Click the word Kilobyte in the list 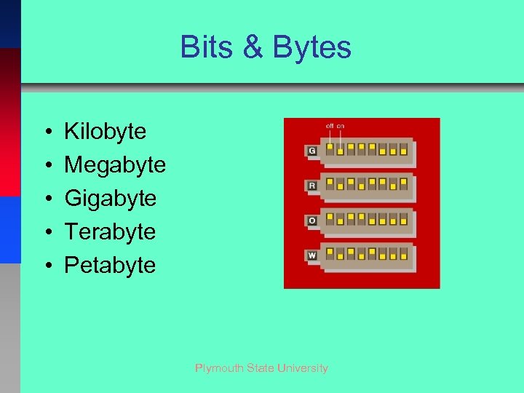105,132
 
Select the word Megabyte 115,165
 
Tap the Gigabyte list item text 110,199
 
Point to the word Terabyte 110,232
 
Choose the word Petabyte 110,265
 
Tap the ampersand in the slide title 253,47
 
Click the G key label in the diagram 312,151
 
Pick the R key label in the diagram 312,186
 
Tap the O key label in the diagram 312,221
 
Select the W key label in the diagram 312,255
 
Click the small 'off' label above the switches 330,126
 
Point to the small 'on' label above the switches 341,126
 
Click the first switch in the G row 330,149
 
